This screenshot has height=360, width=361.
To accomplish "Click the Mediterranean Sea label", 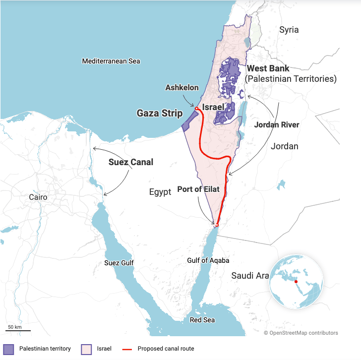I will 111,61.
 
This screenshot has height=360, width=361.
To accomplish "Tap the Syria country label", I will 289,30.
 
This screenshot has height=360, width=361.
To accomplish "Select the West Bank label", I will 268,68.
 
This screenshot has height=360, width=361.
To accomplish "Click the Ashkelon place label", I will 181,88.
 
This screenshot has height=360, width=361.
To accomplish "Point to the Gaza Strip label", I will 159,114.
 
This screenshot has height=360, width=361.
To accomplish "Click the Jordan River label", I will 277,125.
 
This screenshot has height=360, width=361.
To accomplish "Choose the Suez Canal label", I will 131,162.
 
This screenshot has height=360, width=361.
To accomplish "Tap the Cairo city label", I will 38,197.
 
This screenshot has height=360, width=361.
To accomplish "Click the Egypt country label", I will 160,192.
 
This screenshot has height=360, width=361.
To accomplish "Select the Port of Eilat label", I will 198,189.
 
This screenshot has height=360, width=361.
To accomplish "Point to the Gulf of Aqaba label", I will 208,260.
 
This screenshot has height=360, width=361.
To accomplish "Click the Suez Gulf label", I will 119,263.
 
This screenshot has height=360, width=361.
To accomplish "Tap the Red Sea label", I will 202,320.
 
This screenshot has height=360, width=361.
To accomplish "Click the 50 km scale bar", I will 18,330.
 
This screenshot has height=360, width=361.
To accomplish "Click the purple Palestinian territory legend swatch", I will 9,349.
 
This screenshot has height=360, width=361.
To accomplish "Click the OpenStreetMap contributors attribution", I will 301,333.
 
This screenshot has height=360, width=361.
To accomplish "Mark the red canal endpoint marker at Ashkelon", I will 197,109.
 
